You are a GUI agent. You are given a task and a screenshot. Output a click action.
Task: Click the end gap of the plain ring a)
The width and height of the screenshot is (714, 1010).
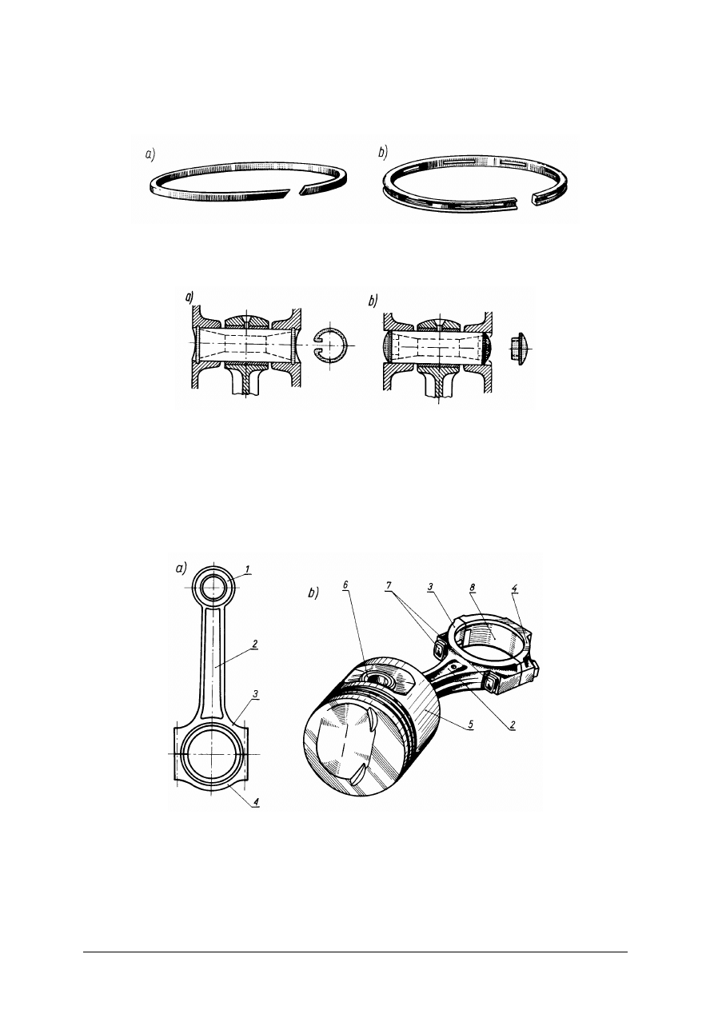pyautogui.click(x=292, y=193)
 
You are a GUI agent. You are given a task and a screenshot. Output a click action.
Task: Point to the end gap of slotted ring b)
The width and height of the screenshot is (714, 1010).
pyautogui.click(x=525, y=200)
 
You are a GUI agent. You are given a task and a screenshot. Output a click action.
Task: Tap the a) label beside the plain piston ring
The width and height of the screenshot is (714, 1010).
pyautogui.click(x=150, y=155)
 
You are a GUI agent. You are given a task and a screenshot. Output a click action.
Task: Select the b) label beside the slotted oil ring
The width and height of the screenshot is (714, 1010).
pyautogui.click(x=383, y=154)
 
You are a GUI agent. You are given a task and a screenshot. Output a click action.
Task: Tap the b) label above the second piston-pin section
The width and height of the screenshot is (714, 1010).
pyautogui.click(x=373, y=301)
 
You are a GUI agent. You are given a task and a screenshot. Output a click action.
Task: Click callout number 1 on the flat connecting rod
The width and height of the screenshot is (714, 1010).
pyautogui.click(x=247, y=570)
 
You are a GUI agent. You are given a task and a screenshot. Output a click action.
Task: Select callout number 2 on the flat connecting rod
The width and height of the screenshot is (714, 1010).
pyautogui.click(x=255, y=644)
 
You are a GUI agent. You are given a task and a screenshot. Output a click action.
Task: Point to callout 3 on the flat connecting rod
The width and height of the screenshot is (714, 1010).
pyautogui.click(x=255, y=693)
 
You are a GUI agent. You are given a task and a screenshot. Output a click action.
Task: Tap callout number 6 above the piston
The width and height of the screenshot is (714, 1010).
pyautogui.click(x=345, y=585)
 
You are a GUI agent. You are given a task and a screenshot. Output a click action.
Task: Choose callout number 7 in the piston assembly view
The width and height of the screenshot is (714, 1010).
pyautogui.click(x=389, y=585)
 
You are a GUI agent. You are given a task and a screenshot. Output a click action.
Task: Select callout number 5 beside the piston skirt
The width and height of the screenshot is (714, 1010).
pyautogui.click(x=470, y=725)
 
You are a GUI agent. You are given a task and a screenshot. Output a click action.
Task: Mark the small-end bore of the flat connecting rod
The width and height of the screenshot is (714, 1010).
pyautogui.click(x=213, y=588)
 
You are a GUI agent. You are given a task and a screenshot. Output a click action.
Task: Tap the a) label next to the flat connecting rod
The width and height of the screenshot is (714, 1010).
pyautogui.click(x=181, y=569)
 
